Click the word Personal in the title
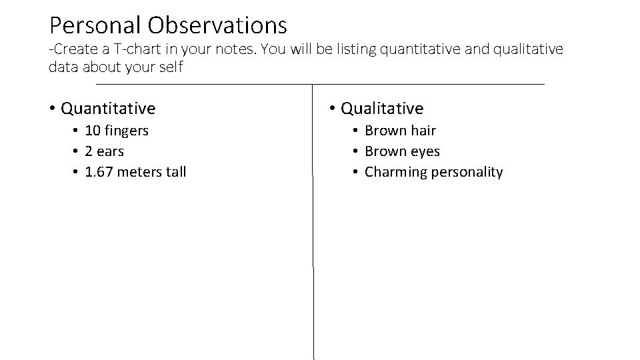tap(95, 26)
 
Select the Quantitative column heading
tap(108, 108)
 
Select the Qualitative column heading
tap(382, 108)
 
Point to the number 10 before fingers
tap(93, 131)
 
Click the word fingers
tap(126, 131)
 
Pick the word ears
tap(110, 151)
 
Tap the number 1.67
tap(100, 172)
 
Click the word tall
tap(176, 172)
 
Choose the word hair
tap(421, 131)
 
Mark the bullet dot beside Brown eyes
tap(357, 152)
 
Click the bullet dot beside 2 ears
tap(77, 152)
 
